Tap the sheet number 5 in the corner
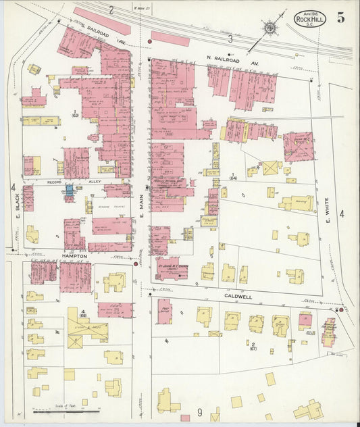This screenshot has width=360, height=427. (x=341, y=18)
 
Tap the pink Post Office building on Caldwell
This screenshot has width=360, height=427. (x=164, y=311)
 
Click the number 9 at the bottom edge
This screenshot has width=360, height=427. (x=200, y=412)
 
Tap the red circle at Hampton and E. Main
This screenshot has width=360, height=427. (x=136, y=263)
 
